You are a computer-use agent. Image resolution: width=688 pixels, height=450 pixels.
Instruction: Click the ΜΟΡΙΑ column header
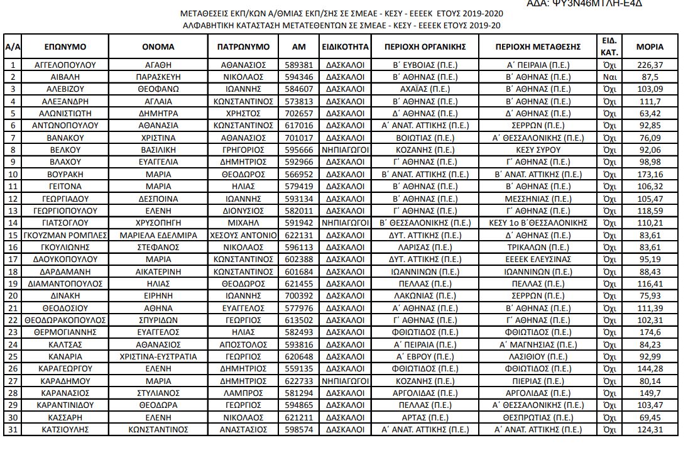point(649,47)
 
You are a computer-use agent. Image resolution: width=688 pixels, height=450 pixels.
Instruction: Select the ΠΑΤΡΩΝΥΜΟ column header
point(243,47)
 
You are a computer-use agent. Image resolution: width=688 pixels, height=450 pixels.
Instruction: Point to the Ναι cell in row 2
point(608,77)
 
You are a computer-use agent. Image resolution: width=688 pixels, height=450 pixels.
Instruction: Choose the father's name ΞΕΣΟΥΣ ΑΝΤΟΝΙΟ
point(243,235)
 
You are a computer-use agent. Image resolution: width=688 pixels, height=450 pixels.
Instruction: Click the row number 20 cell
point(13,296)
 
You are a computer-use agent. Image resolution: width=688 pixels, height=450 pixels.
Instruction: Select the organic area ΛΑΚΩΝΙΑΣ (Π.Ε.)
point(425,296)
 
